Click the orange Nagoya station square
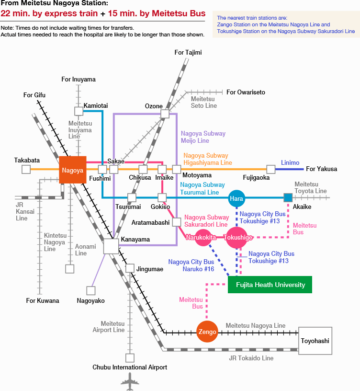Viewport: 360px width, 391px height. coord(73,170)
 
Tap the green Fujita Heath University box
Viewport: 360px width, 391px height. coord(270,285)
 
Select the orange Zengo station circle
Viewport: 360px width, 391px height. coord(207,332)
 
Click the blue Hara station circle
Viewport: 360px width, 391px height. coord(237,198)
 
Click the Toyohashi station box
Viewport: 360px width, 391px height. coord(315,341)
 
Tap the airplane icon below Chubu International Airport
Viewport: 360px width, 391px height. coord(130,382)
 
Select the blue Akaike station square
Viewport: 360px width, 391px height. coord(288,197)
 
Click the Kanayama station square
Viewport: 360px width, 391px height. coord(111,246)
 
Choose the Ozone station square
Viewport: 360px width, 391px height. coord(165,114)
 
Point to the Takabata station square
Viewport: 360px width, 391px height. coord(26,169)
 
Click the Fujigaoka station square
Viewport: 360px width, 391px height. coord(271,169)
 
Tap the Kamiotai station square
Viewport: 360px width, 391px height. coord(79,111)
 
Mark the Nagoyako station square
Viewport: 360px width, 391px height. coord(90,290)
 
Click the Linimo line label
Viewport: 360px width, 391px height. coord(290,162)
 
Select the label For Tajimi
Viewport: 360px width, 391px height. coord(188,52)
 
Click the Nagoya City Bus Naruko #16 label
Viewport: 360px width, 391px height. coord(191,265)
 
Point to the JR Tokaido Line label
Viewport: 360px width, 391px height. coord(251,358)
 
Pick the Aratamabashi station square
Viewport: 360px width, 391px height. coord(177,222)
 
